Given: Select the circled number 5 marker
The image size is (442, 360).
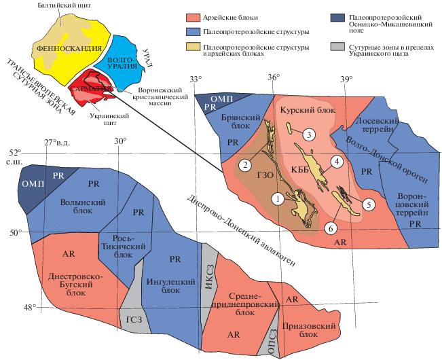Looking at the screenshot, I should tap(368, 203).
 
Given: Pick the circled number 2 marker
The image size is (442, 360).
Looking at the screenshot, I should tap(246, 164).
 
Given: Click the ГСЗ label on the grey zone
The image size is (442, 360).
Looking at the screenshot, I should tap(135, 320).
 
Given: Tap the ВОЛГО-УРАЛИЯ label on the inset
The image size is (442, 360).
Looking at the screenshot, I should tap(123, 63).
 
